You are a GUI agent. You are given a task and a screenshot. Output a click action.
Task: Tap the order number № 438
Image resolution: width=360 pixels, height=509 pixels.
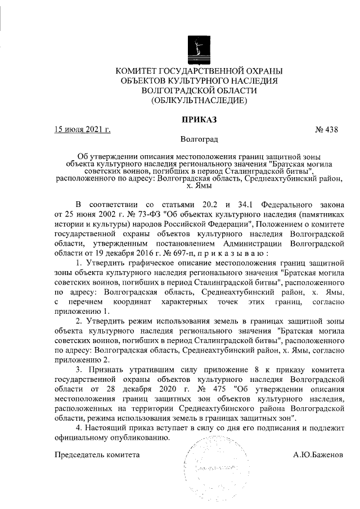pyautogui.click(x=327, y=129)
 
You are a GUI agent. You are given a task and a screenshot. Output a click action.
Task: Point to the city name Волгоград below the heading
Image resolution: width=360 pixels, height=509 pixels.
pyautogui.click(x=199, y=138)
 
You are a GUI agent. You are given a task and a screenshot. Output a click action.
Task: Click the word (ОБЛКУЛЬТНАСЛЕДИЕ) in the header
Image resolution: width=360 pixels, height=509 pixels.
pyautogui.click(x=199, y=101)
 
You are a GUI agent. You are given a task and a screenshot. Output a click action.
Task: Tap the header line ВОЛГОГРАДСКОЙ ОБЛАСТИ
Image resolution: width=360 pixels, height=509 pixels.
pyautogui.click(x=199, y=91)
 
